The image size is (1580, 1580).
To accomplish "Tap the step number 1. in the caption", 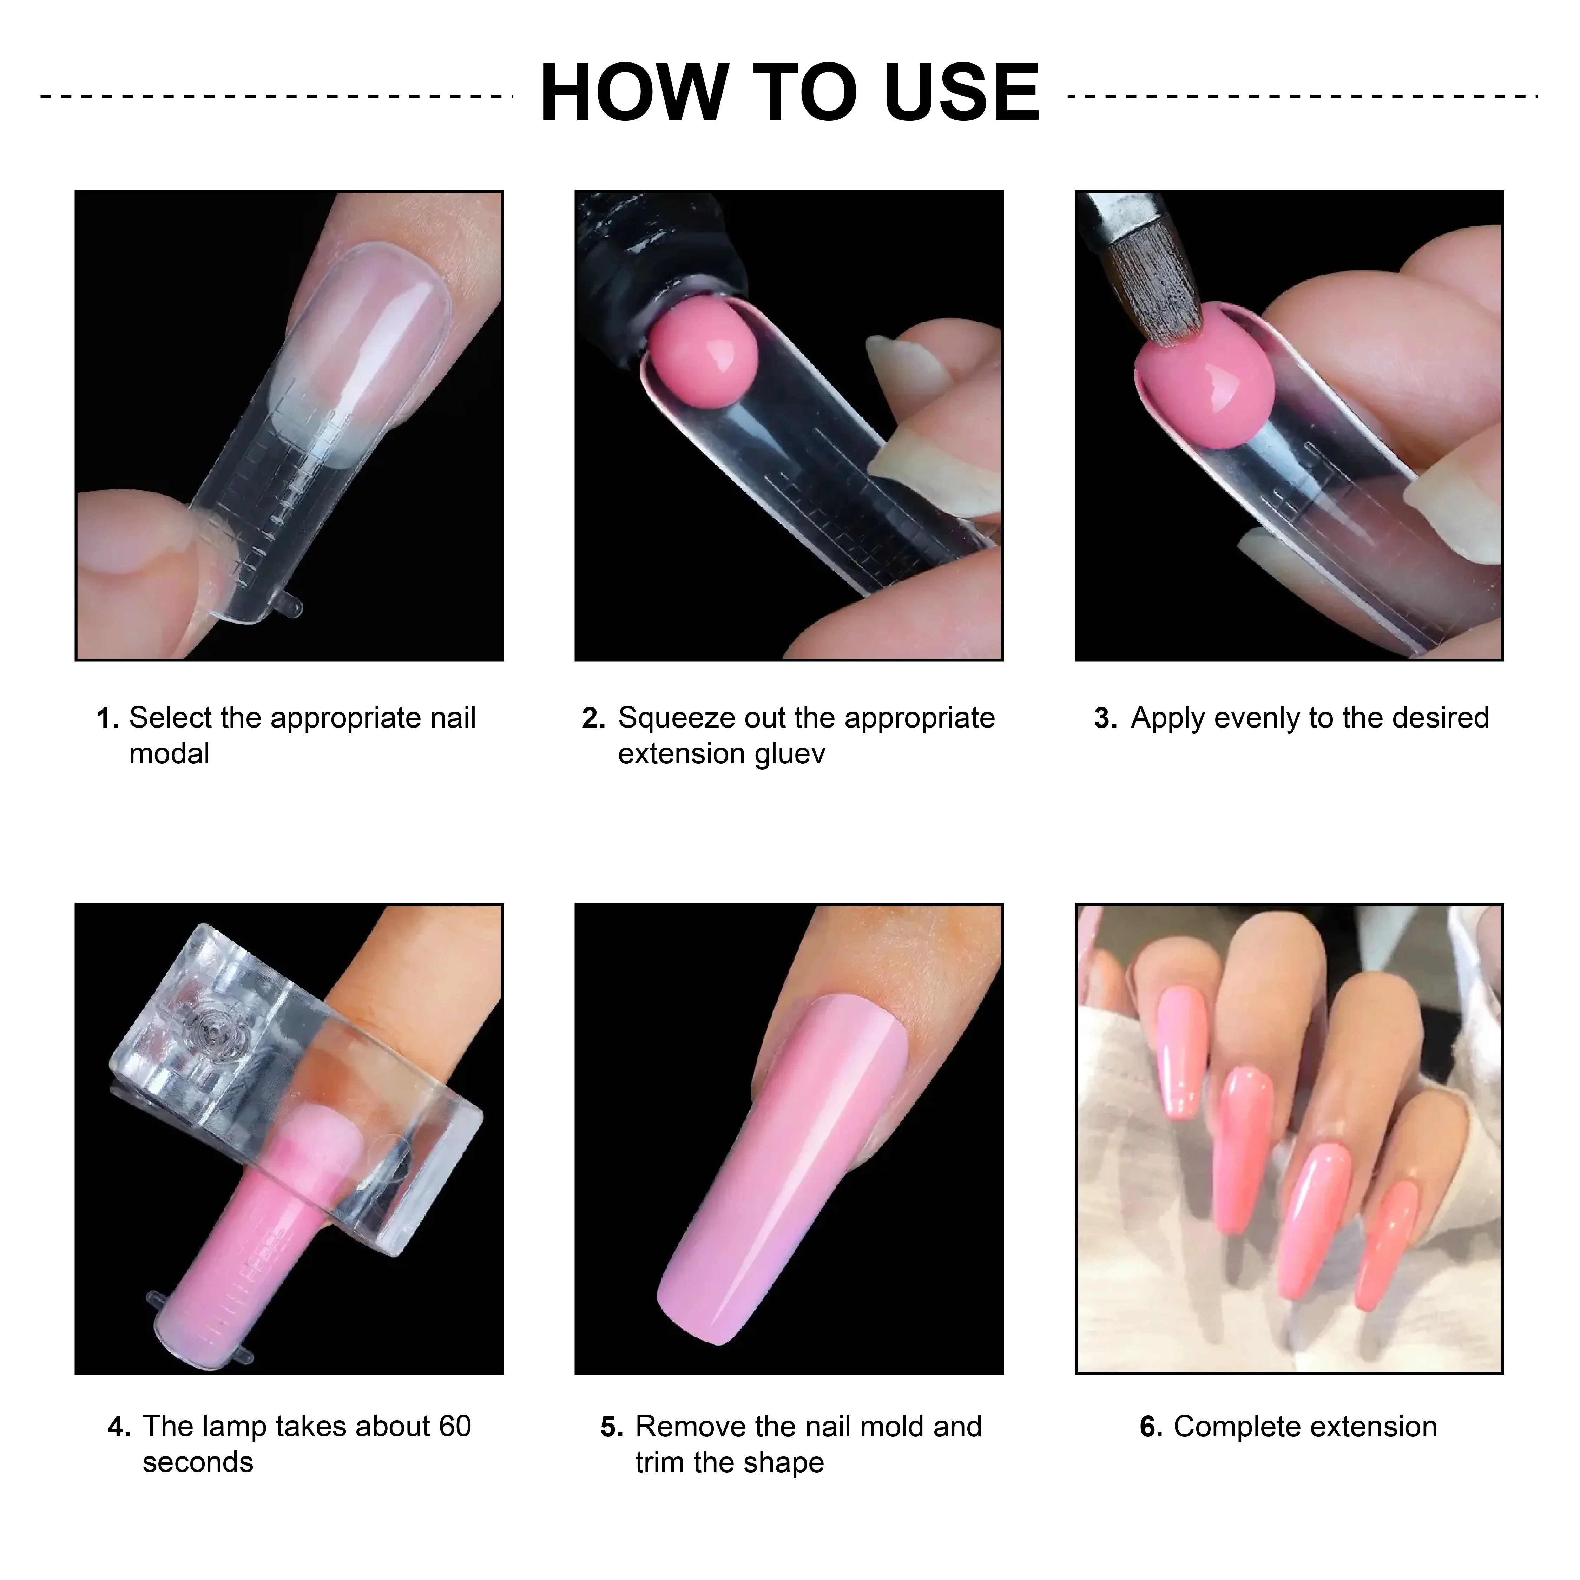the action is [108, 719].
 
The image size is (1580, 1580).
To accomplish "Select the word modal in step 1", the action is [169, 754].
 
